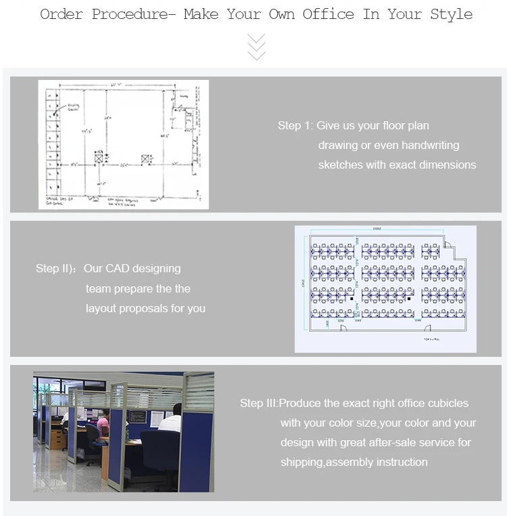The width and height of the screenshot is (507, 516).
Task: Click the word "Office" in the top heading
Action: (x=329, y=14)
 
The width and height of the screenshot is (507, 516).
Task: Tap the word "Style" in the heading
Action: (x=451, y=14)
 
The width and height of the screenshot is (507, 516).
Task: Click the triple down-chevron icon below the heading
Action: (x=256, y=47)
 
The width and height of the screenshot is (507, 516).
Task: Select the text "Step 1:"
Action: (x=295, y=125)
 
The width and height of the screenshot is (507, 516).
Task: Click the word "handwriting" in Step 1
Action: (x=430, y=145)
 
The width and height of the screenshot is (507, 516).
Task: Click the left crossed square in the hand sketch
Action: (x=98, y=157)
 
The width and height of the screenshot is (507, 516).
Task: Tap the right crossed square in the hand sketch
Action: (x=145, y=158)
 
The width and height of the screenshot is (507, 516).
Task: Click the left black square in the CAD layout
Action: (x=352, y=298)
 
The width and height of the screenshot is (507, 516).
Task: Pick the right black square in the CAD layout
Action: (x=410, y=298)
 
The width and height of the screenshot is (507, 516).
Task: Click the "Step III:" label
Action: (x=259, y=403)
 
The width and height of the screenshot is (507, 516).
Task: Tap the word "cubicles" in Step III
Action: (x=448, y=403)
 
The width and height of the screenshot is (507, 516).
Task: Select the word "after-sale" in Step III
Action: (x=400, y=442)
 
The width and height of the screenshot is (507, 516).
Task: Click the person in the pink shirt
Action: (x=103, y=425)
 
